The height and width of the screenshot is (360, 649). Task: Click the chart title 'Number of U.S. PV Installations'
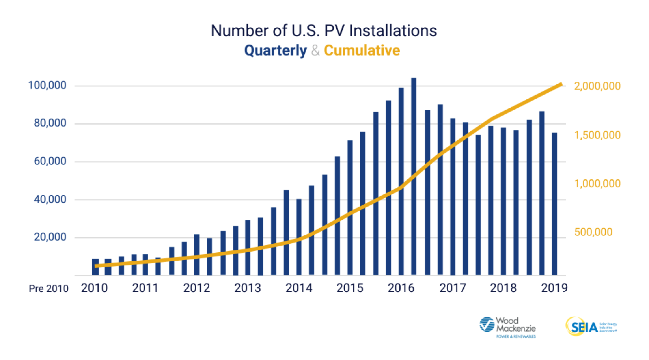coord(324,31)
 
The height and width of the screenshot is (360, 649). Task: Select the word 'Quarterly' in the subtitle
coord(275,50)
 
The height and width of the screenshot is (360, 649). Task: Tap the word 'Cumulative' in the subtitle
coord(362,50)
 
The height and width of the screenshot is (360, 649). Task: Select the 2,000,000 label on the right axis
coord(597,86)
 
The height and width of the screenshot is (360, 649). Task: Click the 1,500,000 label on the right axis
coord(597,135)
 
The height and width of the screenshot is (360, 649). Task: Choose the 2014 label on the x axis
coord(299,288)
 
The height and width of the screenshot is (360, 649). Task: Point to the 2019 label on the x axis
coord(554,288)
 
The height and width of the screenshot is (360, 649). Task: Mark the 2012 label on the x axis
coord(197,288)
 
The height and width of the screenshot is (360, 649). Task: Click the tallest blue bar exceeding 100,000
coord(413,176)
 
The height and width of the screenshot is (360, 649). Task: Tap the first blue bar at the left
coord(95,267)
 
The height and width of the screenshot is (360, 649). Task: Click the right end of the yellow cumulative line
coord(561,84)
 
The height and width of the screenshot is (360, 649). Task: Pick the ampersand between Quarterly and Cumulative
coord(315,50)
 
